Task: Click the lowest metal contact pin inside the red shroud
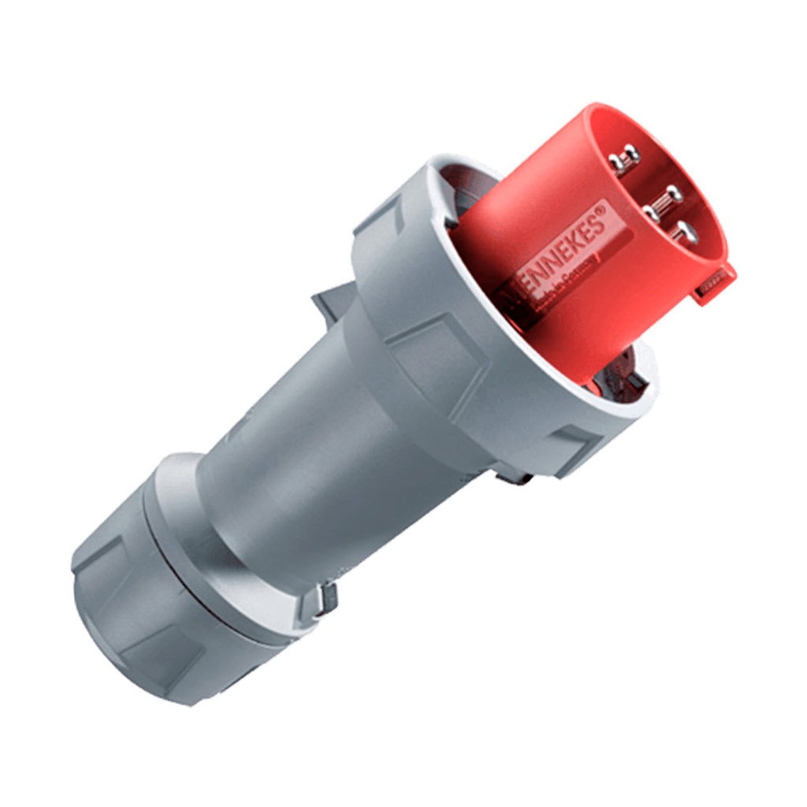coord(685,232)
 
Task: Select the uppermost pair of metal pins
coord(625,158)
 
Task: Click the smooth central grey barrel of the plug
coord(315,441)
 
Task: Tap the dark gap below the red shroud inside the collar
coord(623,378)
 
